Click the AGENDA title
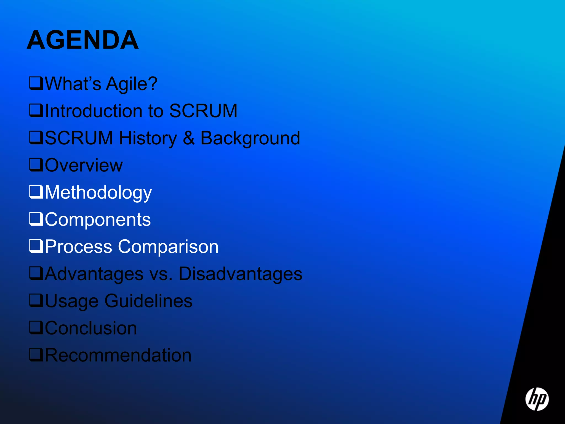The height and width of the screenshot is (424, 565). (83, 40)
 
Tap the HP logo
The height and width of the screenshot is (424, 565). (537, 399)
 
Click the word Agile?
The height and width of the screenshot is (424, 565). (132, 84)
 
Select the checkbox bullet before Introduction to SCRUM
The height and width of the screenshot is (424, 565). (36, 110)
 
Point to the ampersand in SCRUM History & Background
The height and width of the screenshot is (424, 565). (188, 138)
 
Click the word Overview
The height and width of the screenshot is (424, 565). (84, 165)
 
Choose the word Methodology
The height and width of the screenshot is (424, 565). (98, 193)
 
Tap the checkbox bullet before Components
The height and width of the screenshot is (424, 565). (36, 219)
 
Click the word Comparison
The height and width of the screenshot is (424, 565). (168, 247)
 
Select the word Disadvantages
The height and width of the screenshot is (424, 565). (240, 274)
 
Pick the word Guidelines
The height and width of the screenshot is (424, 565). (148, 301)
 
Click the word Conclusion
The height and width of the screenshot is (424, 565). (91, 328)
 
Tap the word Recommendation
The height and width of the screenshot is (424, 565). (118, 355)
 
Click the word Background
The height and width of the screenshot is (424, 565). (250, 138)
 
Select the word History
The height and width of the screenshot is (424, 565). (148, 138)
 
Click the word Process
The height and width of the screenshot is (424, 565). (78, 247)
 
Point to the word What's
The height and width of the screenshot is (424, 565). (73, 84)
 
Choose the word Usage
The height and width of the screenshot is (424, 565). (72, 301)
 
